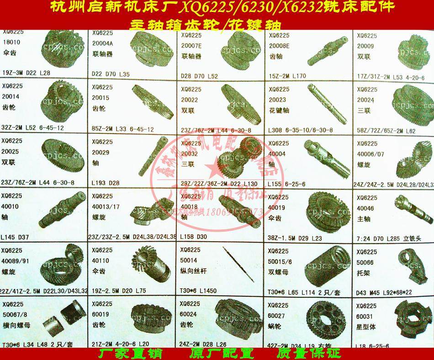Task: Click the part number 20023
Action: pyautogui.click(x=278, y=99)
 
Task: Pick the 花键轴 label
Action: pyautogui.click(x=281, y=110)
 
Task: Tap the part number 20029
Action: pyautogui.click(x=101, y=152)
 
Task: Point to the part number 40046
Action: pyautogui.click(x=366, y=209)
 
